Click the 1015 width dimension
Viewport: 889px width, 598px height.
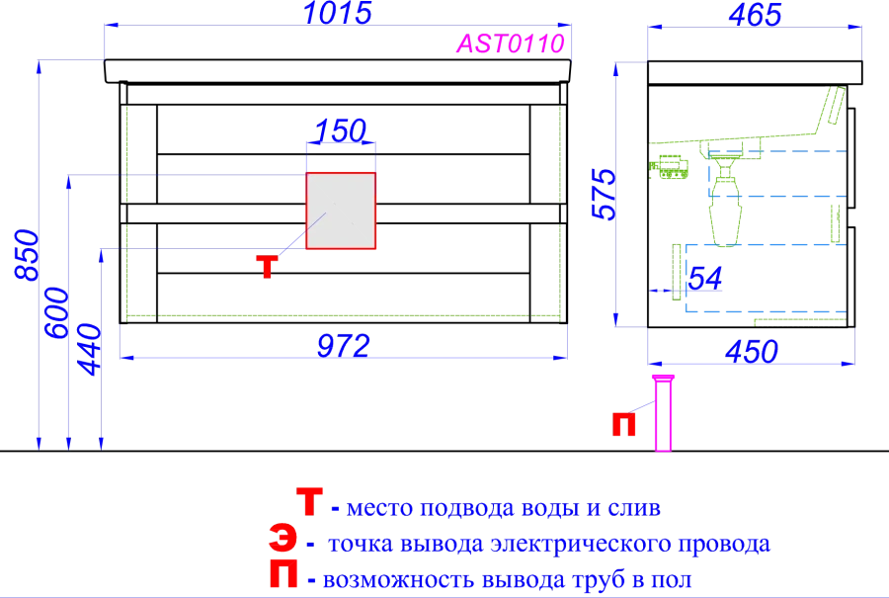coord(338,13)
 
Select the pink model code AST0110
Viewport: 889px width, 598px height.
coord(511,43)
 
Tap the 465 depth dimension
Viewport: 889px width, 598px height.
coord(755,14)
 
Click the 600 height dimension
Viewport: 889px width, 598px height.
coord(56,312)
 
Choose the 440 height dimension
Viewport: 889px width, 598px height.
coord(89,350)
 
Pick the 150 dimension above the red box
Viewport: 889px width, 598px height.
coord(340,130)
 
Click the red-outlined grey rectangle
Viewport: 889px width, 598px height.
coord(341,211)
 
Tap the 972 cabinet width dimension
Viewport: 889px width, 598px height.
coord(343,345)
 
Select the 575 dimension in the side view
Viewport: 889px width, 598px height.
coord(604,194)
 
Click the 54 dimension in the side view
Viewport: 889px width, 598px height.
coord(704,278)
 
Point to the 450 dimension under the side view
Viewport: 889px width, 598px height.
coord(752,352)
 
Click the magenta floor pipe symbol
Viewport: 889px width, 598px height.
coord(663,412)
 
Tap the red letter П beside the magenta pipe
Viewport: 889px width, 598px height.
coord(623,424)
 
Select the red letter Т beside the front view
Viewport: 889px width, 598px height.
coord(267,267)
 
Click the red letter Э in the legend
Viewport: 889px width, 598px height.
coord(283,538)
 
